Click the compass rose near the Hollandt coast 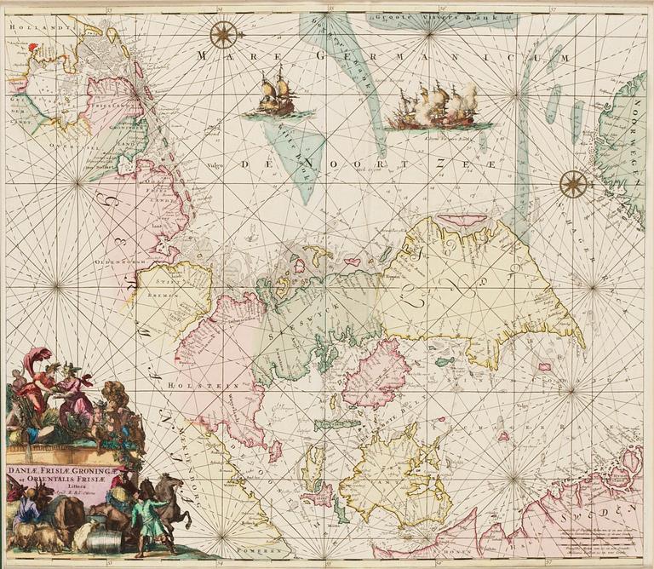(223, 34)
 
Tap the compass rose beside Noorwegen (574, 181)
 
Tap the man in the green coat (150, 520)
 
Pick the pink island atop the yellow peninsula (463, 221)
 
